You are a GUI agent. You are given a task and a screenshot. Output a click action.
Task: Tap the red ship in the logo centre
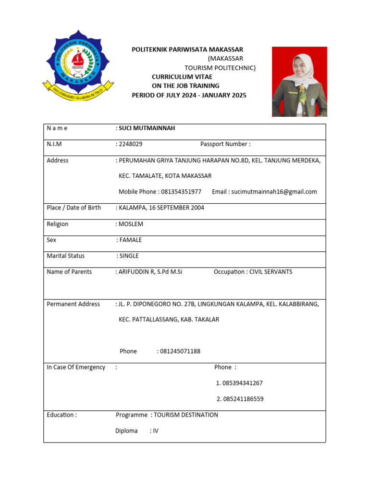coord(78,60)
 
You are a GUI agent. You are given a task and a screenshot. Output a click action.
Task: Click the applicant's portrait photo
coord(299,82)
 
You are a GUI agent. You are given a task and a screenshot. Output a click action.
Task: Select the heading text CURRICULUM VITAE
coord(182,77)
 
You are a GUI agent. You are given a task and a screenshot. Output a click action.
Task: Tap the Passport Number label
coord(225,144)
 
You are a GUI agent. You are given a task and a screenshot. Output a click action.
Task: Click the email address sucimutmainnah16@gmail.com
coord(274,192)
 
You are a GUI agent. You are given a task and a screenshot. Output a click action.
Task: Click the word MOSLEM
coord(131,224)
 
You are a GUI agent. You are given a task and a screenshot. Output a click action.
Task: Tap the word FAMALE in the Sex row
coord(131,240)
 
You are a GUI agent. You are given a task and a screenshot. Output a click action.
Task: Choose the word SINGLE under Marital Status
coord(129,256)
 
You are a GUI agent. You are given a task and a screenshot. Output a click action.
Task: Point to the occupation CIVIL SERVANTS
coord(271,272)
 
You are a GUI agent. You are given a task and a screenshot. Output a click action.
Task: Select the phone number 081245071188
coord(180,351)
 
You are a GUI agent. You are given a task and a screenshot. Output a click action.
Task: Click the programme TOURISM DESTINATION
coord(186,415)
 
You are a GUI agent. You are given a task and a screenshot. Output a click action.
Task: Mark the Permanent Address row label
coord(73,304)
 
